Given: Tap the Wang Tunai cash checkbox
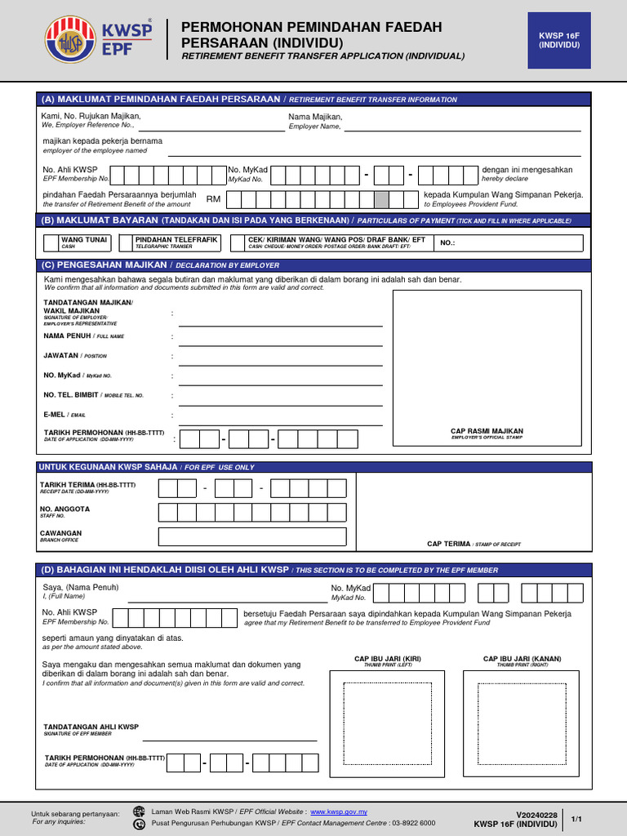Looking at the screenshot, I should point(51,242).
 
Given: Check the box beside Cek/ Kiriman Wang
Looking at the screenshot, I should point(238,242).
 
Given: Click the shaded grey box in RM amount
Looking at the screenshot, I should point(381,199).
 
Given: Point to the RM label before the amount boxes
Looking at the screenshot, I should point(213,199).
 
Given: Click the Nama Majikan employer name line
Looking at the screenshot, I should point(462,129).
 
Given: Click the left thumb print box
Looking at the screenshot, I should point(386,723).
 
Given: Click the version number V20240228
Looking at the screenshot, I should point(536,815).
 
